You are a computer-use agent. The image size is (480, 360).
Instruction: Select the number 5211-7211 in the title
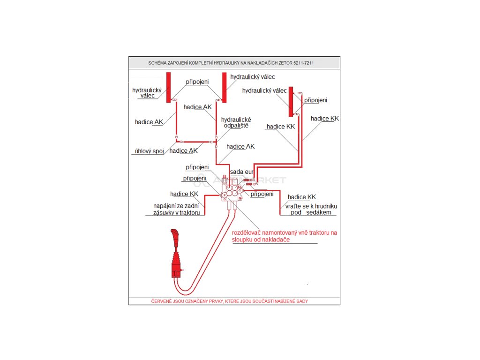[x=305, y=63]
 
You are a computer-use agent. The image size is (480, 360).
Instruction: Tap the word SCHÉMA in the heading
[x=157, y=63]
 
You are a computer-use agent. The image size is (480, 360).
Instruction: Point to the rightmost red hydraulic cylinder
[x=291, y=101]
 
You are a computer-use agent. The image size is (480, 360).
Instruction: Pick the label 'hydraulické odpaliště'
[x=236, y=122]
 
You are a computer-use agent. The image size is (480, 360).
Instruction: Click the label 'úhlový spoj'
[x=149, y=151]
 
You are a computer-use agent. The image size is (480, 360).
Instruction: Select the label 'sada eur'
[x=241, y=172]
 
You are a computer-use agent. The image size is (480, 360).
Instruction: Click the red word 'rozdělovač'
[x=249, y=232]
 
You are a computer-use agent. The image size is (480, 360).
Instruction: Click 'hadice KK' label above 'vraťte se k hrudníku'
[x=302, y=197]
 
